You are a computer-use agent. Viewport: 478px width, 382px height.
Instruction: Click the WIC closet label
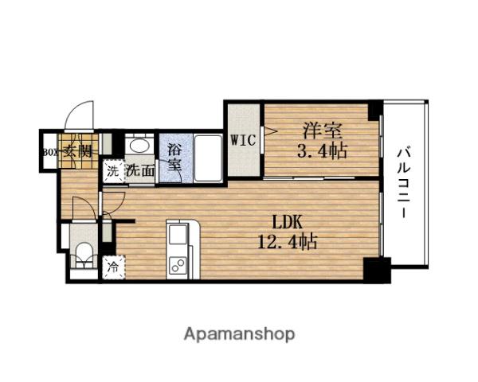(242, 141)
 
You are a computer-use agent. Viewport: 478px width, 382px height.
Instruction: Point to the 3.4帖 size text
(322, 150)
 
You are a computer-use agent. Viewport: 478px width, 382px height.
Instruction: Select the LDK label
(288, 220)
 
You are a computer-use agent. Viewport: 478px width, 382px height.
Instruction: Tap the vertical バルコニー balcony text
(405, 182)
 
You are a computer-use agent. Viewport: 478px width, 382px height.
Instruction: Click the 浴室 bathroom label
(174, 158)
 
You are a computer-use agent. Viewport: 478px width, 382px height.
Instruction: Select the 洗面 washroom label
(141, 170)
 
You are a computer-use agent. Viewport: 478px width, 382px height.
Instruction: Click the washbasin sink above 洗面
(138, 146)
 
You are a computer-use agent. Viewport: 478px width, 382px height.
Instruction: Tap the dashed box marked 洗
(112, 170)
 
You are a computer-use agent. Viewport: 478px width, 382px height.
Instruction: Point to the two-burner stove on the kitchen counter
(178, 265)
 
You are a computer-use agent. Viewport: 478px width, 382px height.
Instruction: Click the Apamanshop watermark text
(240, 333)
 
